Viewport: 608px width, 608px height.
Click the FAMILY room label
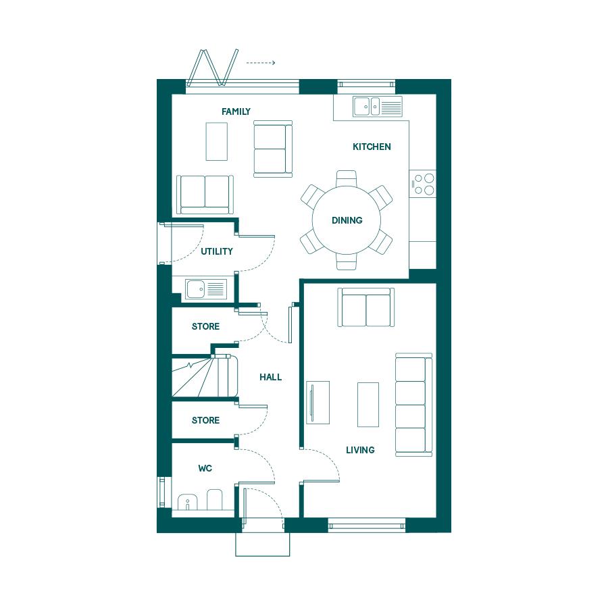tap(236, 111)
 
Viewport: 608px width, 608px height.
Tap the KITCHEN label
tap(372, 147)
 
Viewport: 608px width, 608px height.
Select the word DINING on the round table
tap(347, 220)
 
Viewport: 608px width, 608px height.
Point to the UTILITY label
tap(217, 251)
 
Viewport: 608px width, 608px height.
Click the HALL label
tap(271, 377)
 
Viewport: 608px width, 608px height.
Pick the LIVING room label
tap(360, 450)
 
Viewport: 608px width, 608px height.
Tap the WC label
tap(205, 468)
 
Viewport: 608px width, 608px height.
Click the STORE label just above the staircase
tap(205, 326)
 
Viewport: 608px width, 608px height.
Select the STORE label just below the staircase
tap(205, 420)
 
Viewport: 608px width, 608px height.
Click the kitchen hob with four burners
tap(424, 184)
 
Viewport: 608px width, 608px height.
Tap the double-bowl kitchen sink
tap(378, 106)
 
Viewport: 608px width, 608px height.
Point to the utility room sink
tap(205, 289)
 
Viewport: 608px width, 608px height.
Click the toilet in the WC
tap(214, 500)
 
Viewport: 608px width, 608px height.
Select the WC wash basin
tap(187, 503)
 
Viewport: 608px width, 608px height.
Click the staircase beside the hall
tap(205, 376)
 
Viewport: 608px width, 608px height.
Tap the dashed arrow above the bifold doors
tap(261, 63)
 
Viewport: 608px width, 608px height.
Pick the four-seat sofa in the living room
tap(413, 405)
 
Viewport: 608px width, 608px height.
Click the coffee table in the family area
tap(216, 142)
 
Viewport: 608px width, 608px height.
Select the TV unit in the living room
tap(318, 403)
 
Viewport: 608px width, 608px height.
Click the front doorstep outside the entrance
tap(263, 544)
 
